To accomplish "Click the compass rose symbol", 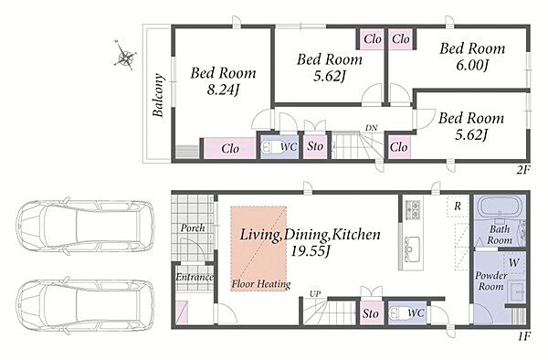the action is [x=125, y=56].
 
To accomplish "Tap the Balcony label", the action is [x=158, y=95].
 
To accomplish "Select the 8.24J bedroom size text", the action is [x=223, y=90].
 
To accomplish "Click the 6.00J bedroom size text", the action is [x=472, y=65].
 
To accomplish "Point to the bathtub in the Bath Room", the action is [x=499, y=208].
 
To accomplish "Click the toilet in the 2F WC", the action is [x=271, y=147].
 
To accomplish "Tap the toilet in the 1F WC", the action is [x=399, y=312].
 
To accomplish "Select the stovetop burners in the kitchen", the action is [x=413, y=210].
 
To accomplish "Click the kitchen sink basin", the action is [x=412, y=247].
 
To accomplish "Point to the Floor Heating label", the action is [x=261, y=284].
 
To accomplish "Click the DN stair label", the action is [x=371, y=128].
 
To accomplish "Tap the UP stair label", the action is [x=315, y=294].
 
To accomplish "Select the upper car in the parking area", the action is [x=85, y=226].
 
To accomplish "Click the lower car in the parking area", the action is [x=85, y=305].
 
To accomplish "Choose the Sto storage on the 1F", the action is [x=371, y=313].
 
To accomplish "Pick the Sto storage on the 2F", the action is [x=315, y=146].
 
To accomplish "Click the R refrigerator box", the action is [x=458, y=206].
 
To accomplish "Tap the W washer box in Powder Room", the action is [x=513, y=263].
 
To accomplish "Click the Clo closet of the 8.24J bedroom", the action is [x=229, y=148].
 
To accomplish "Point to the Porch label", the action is [x=193, y=228].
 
